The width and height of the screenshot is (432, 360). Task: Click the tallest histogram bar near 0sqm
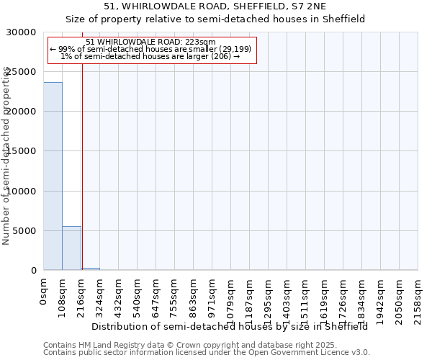click(x=53, y=176)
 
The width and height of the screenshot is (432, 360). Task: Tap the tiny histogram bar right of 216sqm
click(x=90, y=269)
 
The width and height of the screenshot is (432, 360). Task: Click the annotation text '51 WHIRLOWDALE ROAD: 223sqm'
click(x=150, y=42)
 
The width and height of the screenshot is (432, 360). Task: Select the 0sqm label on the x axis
click(x=44, y=292)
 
